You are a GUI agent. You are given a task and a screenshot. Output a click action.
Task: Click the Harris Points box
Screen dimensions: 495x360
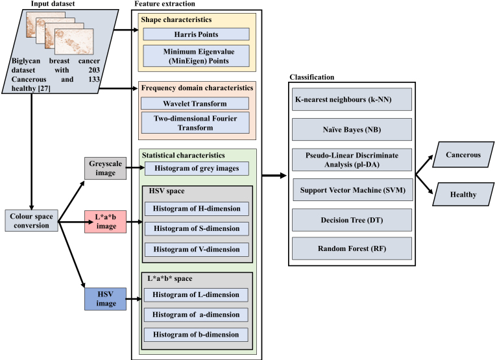click(x=196, y=34)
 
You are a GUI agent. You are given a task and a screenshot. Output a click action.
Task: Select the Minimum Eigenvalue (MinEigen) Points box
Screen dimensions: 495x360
click(x=196, y=56)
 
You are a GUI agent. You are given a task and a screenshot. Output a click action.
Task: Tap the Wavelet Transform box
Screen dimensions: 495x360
click(x=195, y=104)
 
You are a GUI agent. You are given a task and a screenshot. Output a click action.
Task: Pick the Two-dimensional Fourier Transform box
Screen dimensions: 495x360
click(x=195, y=123)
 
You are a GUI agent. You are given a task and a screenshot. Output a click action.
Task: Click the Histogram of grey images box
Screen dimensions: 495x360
click(x=197, y=169)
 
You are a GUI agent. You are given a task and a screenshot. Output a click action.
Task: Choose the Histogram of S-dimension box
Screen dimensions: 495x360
click(x=197, y=228)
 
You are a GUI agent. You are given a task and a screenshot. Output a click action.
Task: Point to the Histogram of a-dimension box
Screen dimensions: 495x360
click(x=196, y=315)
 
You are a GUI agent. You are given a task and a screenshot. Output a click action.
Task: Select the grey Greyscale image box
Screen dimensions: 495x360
click(x=106, y=168)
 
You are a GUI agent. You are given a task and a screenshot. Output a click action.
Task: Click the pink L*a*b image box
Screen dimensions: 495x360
click(x=106, y=222)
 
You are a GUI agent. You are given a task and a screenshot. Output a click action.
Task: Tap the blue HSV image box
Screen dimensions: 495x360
click(x=106, y=299)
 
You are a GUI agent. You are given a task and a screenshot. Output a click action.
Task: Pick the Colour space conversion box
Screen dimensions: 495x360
click(x=32, y=221)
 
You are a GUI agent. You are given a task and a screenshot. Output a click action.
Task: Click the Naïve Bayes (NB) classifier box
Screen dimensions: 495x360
click(x=352, y=129)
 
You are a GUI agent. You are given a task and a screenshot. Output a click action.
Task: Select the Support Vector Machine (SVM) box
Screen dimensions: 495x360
click(x=353, y=190)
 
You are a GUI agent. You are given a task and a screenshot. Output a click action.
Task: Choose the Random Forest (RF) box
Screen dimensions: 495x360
click(x=352, y=248)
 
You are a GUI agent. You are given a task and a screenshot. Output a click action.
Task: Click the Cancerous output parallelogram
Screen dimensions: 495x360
click(x=463, y=154)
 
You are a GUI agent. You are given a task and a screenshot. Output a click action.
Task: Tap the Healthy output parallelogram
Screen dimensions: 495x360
click(x=463, y=195)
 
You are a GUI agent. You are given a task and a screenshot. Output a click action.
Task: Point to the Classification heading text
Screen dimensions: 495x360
click(x=312, y=77)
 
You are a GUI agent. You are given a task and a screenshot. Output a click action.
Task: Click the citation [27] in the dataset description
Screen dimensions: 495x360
click(x=44, y=88)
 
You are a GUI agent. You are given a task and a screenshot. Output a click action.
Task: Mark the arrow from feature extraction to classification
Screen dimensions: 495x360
click(x=274, y=175)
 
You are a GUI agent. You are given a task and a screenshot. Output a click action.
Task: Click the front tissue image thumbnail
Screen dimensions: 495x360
click(x=74, y=42)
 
